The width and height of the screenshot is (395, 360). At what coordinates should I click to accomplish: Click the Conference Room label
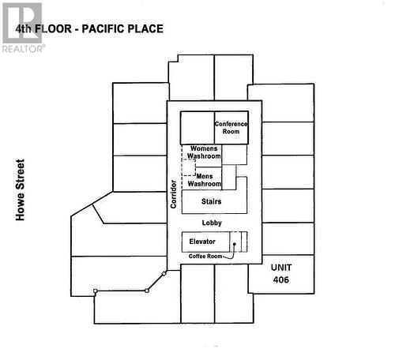[231, 128]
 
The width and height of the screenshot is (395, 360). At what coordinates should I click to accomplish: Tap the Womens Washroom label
[204, 152]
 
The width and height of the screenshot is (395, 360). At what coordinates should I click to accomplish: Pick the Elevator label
[203, 241]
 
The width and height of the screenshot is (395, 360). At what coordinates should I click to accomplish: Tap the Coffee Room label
[205, 257]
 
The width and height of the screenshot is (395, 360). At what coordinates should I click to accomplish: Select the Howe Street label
[21, 190]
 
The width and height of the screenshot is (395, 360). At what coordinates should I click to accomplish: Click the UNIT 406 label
[281, 273]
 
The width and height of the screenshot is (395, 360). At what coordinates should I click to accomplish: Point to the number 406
[281, 279]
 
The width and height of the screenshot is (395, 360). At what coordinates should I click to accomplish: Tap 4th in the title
[25, 29]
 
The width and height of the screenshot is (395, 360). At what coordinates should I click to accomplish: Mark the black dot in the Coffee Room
[233, 256]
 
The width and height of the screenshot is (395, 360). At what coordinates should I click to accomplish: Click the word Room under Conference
[231, 132]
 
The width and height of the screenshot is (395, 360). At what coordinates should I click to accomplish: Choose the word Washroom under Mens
[204, 185]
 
